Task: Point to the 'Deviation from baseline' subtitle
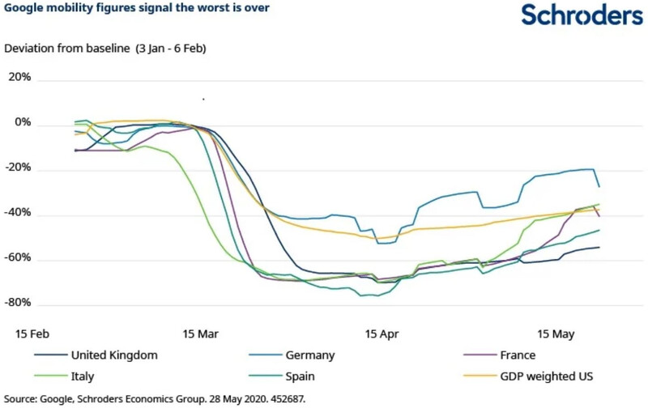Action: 105,49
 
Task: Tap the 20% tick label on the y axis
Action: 19,79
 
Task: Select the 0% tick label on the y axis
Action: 22,124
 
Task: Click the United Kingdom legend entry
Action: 113,355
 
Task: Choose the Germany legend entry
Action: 310,355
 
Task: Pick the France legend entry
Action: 518,355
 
